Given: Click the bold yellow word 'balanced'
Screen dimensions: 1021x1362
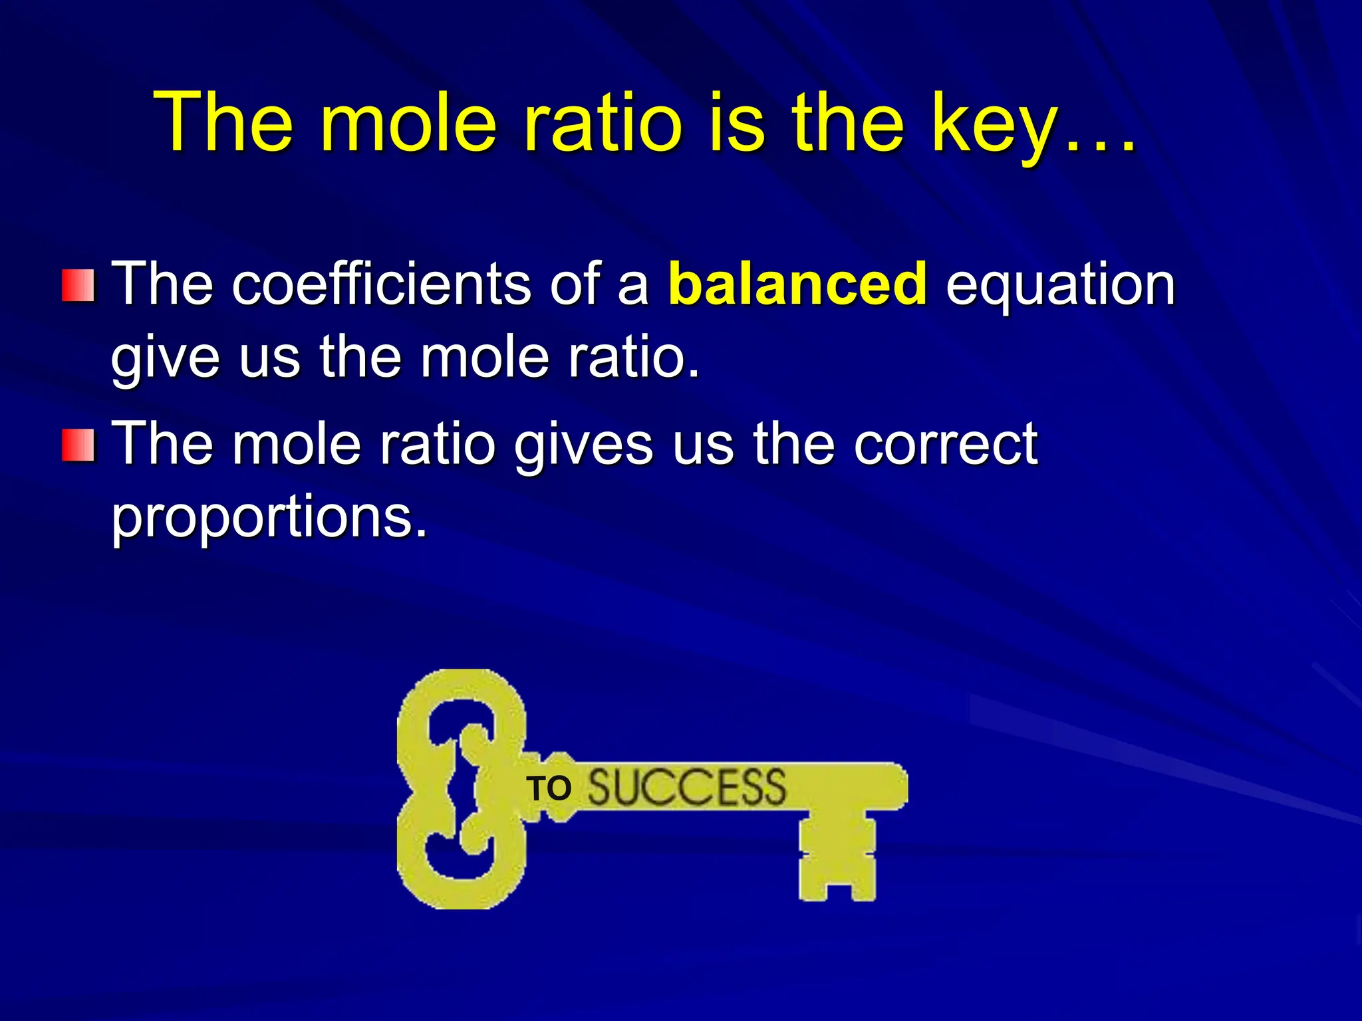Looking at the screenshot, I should (x=797, y=284).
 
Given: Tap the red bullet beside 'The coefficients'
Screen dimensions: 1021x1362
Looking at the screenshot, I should (x=78, y=285).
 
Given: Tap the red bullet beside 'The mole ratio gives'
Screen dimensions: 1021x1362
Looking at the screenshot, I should (x=78, y=445).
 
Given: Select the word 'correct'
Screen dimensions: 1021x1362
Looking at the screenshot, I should (x=945, y=445).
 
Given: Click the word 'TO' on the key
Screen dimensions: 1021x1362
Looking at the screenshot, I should (x=549, y=789).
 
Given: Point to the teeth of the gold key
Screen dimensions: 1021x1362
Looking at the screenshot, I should (x=837, y=857).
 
